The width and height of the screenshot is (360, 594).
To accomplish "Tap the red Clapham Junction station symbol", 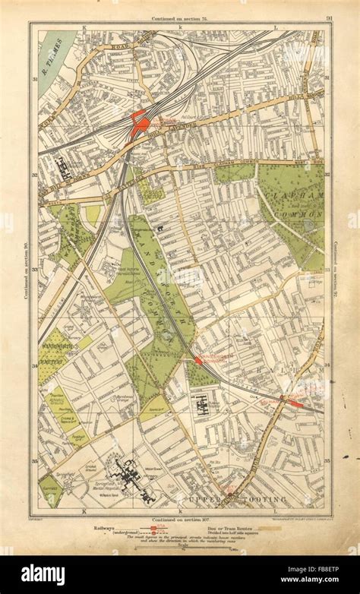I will pyautogui.click(x=139, y=124).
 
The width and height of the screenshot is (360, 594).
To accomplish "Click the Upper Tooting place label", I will pyautogui.click(x=250, y=498).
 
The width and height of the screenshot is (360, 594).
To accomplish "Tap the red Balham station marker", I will pyautogui.click(x=292, y=400).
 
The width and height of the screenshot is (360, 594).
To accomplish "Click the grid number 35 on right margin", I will pyautogui.click(x=328, y=460).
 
